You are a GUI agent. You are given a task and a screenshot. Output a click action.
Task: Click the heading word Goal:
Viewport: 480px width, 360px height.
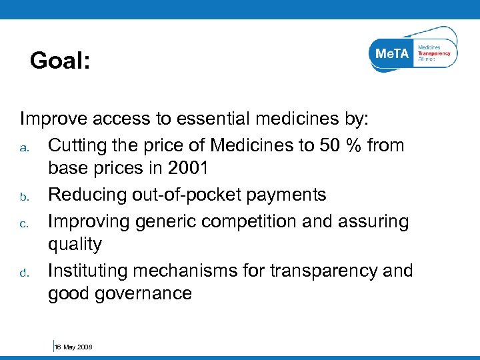tap(60, 61)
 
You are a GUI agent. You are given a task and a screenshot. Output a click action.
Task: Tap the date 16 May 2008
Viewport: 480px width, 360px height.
tap(73, 347)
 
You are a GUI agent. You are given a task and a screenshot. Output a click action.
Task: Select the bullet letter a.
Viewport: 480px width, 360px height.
tap(25, 147)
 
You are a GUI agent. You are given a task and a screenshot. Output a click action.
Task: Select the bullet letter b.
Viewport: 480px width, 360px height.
tap(25, 196)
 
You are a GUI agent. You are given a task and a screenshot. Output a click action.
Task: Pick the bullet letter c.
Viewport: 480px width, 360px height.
tap(25, 221)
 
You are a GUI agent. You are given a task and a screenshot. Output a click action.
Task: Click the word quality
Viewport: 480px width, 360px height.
tap(75, 244)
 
